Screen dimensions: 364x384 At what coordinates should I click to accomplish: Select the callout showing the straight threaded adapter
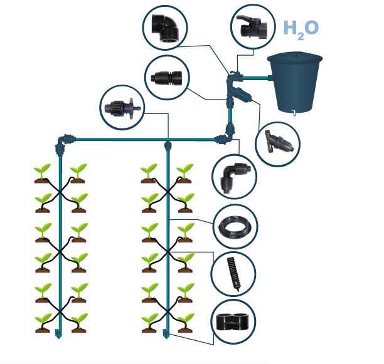(166, 78)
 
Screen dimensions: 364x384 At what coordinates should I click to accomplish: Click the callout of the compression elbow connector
(234, 175)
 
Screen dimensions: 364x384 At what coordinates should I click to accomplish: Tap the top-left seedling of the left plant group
(43, 173)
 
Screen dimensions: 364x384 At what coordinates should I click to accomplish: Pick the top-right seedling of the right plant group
(184, 173)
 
